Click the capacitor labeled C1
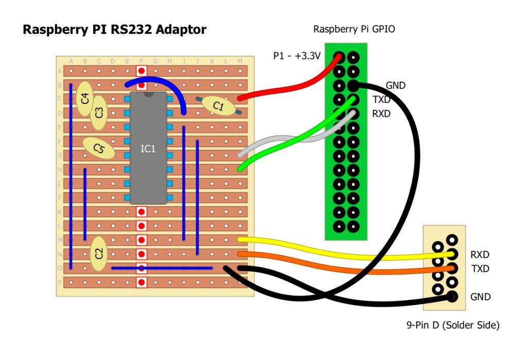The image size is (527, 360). click(218, 106)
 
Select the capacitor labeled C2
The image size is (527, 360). click(99, 253)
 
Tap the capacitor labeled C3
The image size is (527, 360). click(99, 112)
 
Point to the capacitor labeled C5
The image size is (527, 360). click(99, 149)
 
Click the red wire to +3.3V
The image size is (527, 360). click(288, 87)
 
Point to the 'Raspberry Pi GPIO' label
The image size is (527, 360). click(354, 29)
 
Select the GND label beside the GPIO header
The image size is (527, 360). click(395, 86)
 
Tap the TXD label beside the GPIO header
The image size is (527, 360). click(381, 100)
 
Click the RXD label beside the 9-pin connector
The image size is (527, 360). click(480, 255)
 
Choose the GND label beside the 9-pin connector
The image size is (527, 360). click(480, 297)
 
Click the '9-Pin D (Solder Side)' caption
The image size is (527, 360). click(452, 325)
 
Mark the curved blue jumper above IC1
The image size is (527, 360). click(160, 85)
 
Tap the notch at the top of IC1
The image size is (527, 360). click(148, 94)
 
